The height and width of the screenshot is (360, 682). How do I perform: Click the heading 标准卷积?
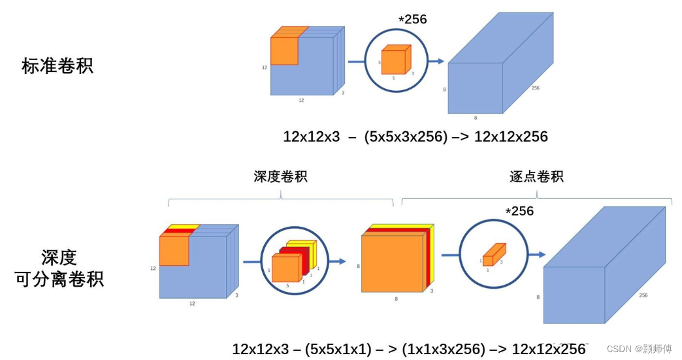point(57,66)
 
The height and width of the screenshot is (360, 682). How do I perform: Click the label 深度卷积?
point(280,176)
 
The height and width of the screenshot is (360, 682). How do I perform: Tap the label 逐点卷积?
point(536,176)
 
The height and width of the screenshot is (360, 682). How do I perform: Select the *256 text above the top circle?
point(413,20)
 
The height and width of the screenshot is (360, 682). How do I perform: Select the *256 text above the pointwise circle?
point(519,211)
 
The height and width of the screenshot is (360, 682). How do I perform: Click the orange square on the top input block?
point(284,51)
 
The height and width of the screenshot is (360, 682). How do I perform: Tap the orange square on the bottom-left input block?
point(174,251)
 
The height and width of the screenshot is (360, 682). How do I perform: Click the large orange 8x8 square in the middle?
point(392,263)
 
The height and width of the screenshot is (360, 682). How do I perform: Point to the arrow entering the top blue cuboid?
point(436,61)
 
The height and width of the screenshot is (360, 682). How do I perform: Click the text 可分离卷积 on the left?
point(59,280)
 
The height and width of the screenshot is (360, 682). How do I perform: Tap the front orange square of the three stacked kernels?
point(285,268)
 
